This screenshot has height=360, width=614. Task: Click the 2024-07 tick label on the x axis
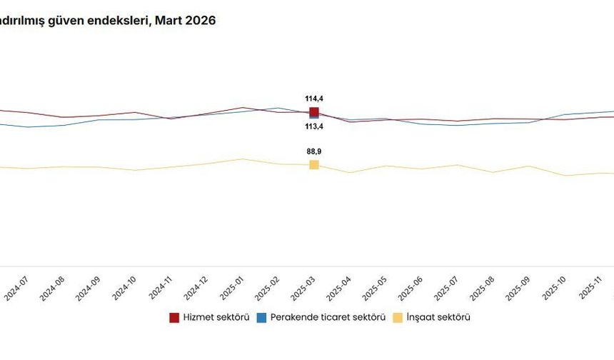[16, 289]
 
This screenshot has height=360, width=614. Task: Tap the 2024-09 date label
[89, 289]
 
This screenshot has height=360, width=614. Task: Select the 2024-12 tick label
[196, 289]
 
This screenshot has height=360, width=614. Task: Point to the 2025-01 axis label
[233, 289]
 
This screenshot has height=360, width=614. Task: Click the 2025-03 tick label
[305, 289]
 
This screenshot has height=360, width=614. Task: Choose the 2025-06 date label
[413, 289]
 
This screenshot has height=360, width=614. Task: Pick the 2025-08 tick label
[485, 289]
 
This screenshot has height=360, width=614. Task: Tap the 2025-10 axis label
[558, 289]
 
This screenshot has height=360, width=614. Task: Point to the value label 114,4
[314, 99]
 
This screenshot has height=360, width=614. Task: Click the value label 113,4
[314, 126]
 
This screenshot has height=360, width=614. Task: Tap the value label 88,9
[314, 151]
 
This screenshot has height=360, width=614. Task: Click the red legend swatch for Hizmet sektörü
[174, 318]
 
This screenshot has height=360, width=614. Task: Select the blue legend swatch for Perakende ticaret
[262, 318]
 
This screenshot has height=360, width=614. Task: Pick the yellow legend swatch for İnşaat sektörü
[398, 318]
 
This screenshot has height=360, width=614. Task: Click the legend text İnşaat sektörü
[438, 318]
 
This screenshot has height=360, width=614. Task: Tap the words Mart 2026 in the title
[188, 21]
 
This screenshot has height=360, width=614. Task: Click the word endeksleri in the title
[121, 21]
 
